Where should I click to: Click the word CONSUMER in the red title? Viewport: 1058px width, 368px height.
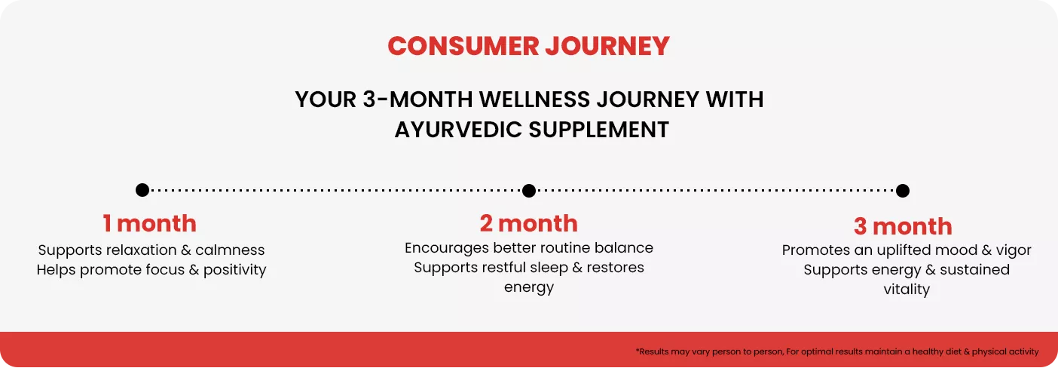[463, 46]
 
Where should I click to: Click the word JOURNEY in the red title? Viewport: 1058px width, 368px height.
[607, 46]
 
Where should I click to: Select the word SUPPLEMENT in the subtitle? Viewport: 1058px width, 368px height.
[598, 130]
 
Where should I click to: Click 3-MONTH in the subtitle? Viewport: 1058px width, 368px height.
[417, 100]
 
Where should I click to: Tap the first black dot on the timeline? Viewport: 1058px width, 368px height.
[142, 190]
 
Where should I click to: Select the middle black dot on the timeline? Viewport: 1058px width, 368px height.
[529, 191]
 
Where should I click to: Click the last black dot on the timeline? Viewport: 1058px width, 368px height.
[903, 191]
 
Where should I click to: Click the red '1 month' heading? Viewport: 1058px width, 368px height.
[149, 223]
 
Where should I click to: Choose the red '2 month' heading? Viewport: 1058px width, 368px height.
[528, 223]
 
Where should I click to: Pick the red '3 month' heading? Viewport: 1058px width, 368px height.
[903, 226]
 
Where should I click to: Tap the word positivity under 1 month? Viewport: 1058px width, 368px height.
[235, 270]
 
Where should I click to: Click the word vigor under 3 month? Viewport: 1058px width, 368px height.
[1014, 250]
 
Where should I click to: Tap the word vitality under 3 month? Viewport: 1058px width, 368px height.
[907, 289]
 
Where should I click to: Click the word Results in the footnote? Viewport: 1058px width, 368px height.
[653, 352]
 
